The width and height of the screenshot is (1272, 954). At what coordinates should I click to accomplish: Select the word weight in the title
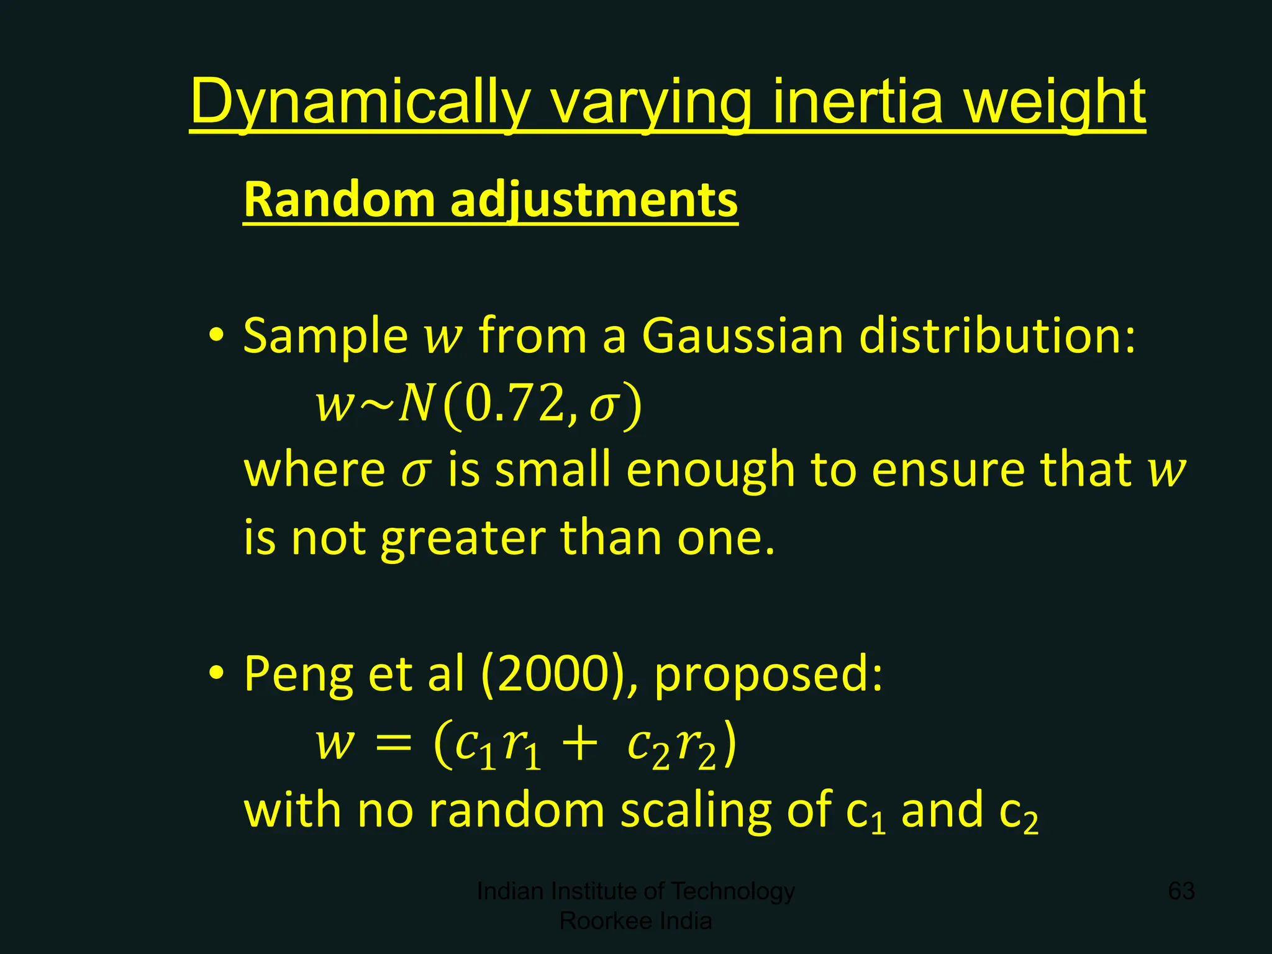click(1054, 101)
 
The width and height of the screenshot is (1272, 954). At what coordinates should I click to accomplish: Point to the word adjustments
click(594, 199)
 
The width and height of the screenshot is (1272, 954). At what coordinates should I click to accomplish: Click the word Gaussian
click(742, 336)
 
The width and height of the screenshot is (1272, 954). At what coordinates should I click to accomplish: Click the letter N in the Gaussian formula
click(415, 404)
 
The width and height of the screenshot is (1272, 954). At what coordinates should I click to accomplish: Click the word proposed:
click(768, 675)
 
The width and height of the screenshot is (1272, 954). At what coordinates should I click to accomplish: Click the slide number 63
click(1181, 891)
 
